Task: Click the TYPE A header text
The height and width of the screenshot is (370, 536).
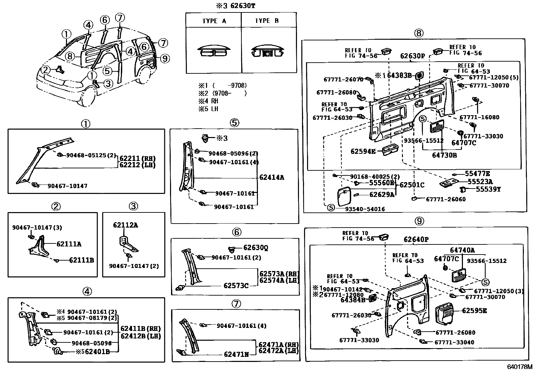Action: click(x=214, y=21)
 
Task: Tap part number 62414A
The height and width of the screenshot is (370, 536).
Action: click(x=272, y=177)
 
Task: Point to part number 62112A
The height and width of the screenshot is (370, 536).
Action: click(x=125, y=225)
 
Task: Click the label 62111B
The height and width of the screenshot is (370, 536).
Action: click(x=81, y=260)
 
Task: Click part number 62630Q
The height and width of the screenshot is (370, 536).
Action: click(x=256, y=248)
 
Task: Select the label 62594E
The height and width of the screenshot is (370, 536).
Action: click(x=363, y=152)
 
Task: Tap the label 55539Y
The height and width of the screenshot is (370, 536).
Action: click(x=488, y=190)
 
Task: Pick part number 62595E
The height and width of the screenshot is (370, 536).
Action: click(x=474, y=310)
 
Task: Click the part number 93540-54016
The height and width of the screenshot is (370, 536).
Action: click(x=365, y=209)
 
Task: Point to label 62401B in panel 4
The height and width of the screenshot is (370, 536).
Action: click(x=97, y=352)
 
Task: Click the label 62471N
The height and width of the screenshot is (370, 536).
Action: click(x=236, y=355)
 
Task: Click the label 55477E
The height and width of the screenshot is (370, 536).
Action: click(x=477, y=173)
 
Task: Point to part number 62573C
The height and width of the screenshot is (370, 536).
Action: click(x=236, y=285)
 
